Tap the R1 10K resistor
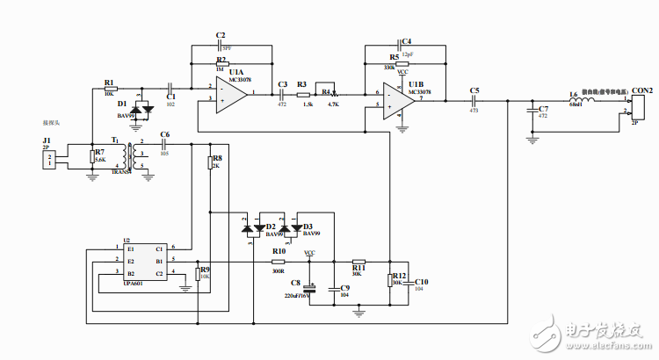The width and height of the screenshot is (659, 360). (109, 90)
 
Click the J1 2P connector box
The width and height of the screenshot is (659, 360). (51, 158)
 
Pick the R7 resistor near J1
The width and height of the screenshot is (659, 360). (92, 158)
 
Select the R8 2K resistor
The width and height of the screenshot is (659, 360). (211, 162)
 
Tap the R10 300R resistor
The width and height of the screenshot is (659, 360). (279, 261)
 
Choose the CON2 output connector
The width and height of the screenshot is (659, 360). (637, 106)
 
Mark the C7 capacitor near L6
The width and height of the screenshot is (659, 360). (532, 110)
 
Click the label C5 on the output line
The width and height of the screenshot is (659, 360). (474, 90)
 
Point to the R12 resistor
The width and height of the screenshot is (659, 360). (390, 281)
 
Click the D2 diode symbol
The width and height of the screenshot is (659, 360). (250, 227)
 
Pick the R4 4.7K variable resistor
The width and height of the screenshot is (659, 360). (329, 93)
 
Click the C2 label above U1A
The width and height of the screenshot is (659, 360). (221, 35)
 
